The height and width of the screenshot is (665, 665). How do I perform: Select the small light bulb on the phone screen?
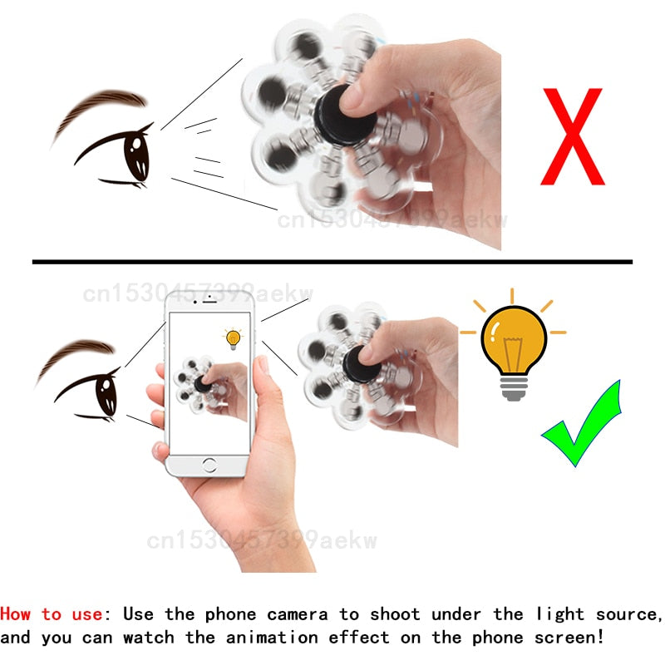[233, 338]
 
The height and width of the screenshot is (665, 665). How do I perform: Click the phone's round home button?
[209, 465]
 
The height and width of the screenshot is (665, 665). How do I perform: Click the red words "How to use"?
[52, 614]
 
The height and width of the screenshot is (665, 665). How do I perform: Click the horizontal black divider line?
[332, 262]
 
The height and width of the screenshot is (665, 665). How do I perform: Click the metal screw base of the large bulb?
[513, 384]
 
